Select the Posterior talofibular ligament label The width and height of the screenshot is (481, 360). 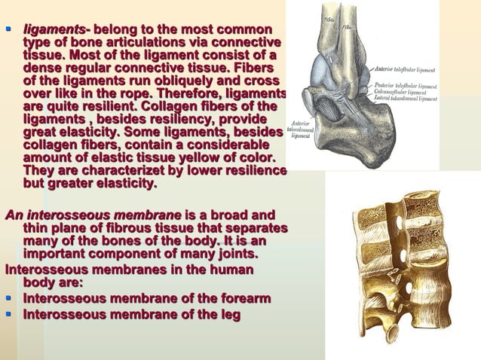(406, 85)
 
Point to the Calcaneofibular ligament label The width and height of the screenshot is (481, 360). (402, 92)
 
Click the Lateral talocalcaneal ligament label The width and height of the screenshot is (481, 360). (406, 99)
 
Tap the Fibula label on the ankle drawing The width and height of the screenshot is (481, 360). (348, 26)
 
